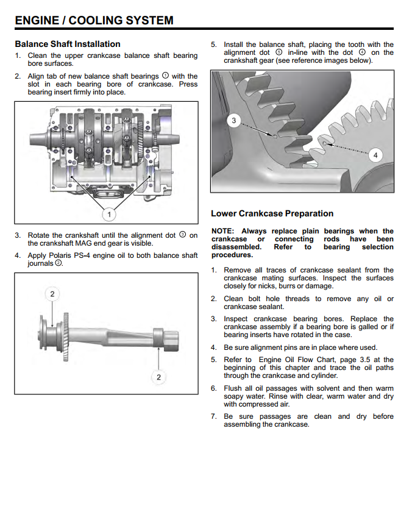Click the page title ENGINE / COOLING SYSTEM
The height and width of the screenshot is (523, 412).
point(94,20)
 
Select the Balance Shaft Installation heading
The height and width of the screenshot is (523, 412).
point(67,44)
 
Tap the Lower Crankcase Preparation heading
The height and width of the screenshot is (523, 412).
point(272,213)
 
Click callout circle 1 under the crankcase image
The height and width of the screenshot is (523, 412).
point(109,214)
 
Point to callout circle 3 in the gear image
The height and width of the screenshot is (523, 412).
point(234,121)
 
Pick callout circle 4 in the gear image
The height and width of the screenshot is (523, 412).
point(375,155)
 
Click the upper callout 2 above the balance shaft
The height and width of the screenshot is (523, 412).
point(52,294)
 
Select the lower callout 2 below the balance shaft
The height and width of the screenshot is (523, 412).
point(158,377)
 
